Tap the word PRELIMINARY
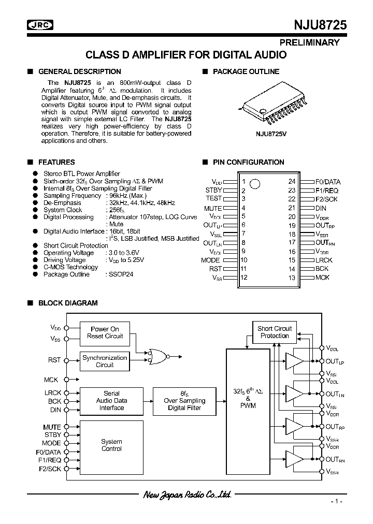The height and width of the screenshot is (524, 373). pyautogui.click(x=310, y=42)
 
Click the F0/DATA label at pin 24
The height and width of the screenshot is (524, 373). pyautogui.click(x=327, y=182)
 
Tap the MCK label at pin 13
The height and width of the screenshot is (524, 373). pyautogui.click(x=322, y=278)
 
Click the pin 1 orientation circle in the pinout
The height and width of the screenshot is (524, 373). pyautogui.click(x=254, y=183)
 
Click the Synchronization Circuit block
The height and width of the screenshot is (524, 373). pyautogui.click(x=105, y=361)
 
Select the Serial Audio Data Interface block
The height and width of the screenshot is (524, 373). pyautogui.click(x=111, y=401)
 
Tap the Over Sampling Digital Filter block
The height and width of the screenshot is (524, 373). pyautogui.click(x=184, y=401)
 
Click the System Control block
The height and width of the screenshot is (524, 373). pyautogui.click(x=111, y=445)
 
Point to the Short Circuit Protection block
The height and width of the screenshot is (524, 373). pyautogui.click(x=275, y=332)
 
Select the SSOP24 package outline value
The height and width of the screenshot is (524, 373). pyautogui.click(x=121, y=274)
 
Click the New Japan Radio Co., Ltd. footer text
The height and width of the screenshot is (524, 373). pyautogui.click(x=187, y=496)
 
